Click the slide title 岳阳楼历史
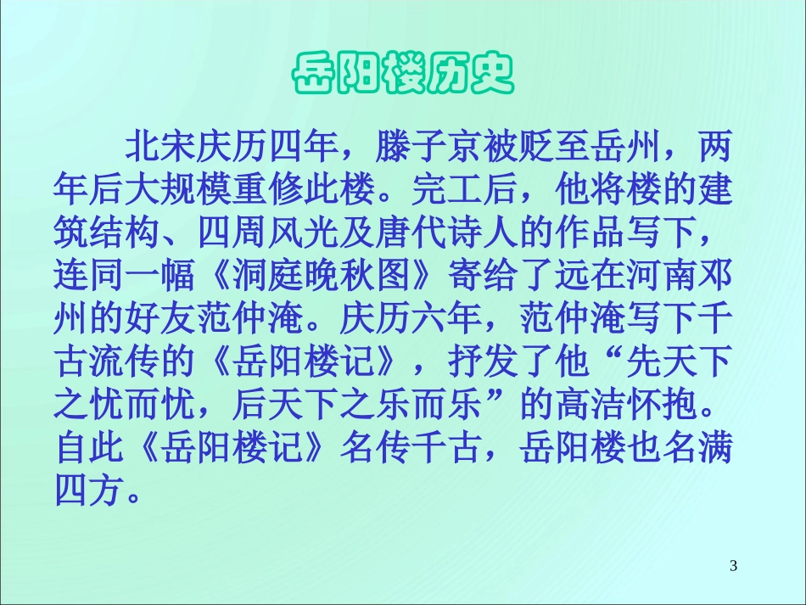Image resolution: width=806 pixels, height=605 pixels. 403,75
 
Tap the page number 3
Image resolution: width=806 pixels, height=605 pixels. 734,565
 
